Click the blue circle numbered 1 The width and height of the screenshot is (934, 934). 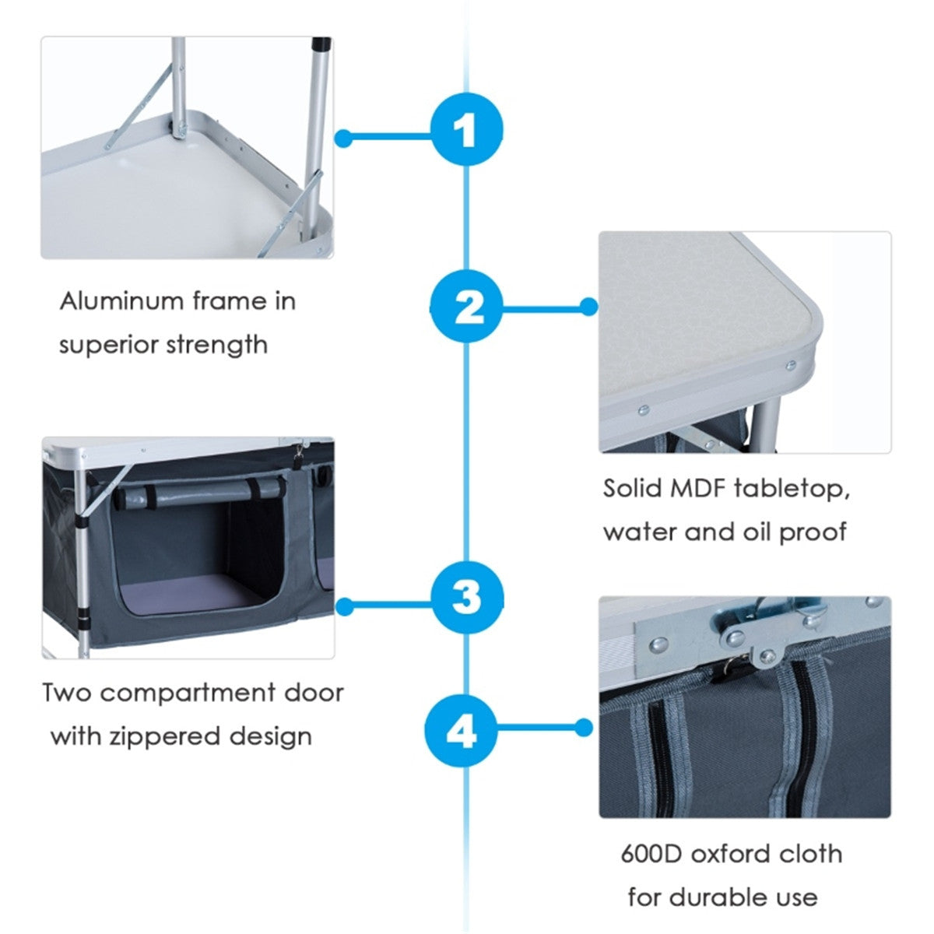coord(466,128)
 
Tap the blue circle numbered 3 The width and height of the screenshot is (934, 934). coord(466,599)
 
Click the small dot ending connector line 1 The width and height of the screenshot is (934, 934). coord(344,139)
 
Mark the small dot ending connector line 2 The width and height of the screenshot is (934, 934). coord(589,307)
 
